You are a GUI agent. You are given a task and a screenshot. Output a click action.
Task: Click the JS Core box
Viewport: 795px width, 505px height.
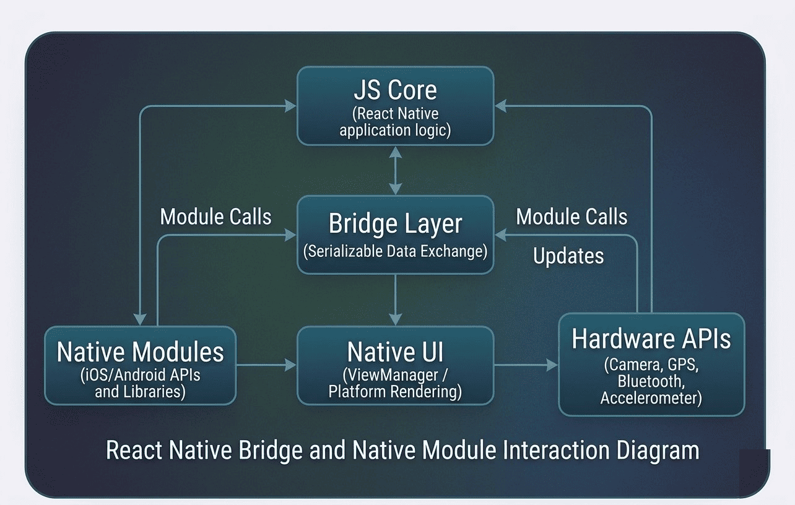pyautogui.click(x=395, y=105)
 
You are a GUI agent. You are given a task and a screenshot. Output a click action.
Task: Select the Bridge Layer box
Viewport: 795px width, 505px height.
pyautogui.click(x=395, y=235)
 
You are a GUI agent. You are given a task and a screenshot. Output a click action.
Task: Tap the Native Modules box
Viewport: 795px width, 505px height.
pyautogui.click(x=140, y=365)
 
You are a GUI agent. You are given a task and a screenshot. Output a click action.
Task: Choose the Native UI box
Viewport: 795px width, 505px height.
pyautogui.click(x=395, y=365)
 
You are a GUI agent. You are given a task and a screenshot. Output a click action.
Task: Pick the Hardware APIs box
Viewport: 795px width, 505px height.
pyautogui.click(x=651, y=364)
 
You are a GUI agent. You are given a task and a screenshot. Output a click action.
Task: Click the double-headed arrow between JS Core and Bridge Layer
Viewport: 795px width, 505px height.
pyautogui.click(x=395, y=170)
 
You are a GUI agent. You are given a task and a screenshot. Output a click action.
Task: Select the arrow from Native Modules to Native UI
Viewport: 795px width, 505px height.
pyautogui.click(x=266, y=365)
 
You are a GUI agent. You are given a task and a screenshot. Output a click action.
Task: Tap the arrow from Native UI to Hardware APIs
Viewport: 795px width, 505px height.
pyautogui.click(x=526, y=365)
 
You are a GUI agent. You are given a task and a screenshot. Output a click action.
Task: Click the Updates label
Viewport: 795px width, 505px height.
pyautogui.click(x=568, y=256)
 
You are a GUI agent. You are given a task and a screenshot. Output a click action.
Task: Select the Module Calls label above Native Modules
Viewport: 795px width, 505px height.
pyautogui.click(x=215, y=217)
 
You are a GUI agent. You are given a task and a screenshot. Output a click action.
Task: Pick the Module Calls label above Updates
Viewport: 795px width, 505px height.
pyautogui.click(x=571, y=217)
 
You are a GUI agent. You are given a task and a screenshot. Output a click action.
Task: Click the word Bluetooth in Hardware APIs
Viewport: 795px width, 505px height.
pyautogui.click(x=650, y=381)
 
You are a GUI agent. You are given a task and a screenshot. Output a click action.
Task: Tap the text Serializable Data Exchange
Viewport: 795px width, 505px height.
pyautogui.click(x=395, y=251)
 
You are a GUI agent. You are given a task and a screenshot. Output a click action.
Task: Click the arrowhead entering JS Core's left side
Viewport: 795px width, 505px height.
pyautogui.click(x=291, y=106)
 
